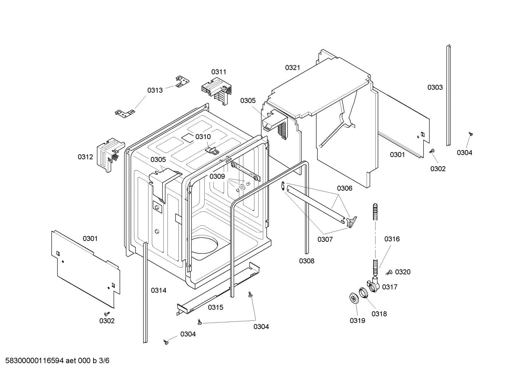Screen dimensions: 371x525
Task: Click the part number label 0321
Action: pyautogui.click(x=292, y=67)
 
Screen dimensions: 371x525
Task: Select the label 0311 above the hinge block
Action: pyautogui.click(x=219, y=72)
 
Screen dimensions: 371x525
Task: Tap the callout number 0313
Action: pyautogui.click(x=155, y=90)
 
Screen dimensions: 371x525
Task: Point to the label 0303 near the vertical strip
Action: pyautogui.click(x=435, y=87)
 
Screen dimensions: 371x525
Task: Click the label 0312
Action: pyautogui.click(x=85, y=157)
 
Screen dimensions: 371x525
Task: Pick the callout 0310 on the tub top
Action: pyautogui.click(x=203, y=137)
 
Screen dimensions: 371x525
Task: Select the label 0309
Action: pyautogui.click(x=217, y=177)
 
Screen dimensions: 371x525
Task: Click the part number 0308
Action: pyautogui.click(x=307, y=261)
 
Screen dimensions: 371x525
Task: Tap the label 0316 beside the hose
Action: pyautogui.click(x=392, y=239)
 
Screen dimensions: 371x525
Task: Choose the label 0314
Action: pyautogui.click(x=159, y=290)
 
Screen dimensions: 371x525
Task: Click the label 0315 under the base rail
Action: pyautogui.click(x=216, y=307)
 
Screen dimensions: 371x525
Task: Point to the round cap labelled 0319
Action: pyautogui.click(x=354, y=298)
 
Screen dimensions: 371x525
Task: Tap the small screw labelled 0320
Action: pyautogui.click(x=389, y=272)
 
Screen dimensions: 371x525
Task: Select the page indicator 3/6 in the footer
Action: pyautogui.click(x=104, y=361)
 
